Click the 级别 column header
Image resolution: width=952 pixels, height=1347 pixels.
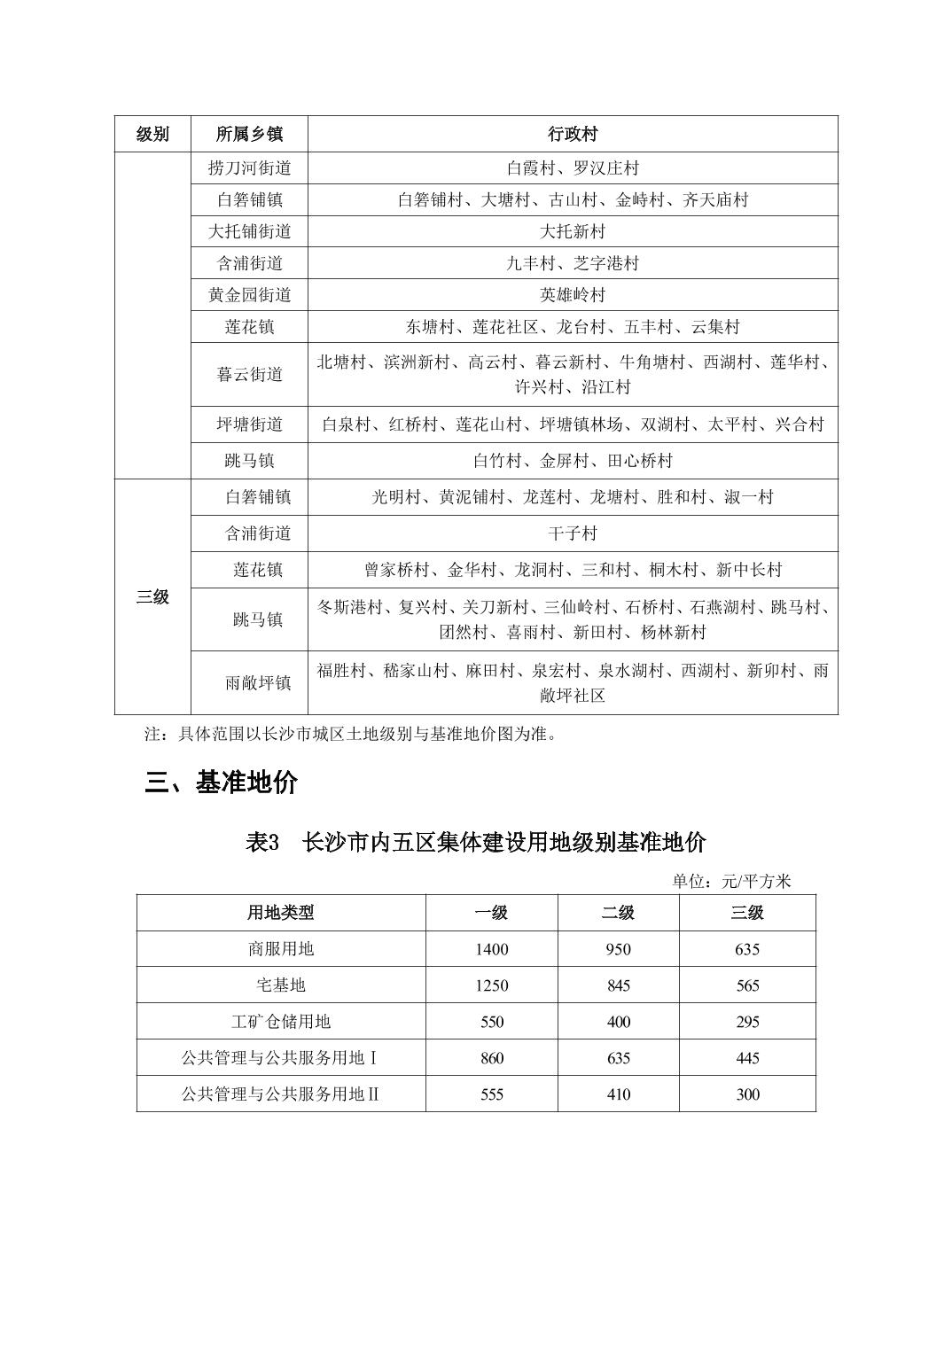152,134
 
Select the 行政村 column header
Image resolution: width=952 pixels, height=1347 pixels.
573,134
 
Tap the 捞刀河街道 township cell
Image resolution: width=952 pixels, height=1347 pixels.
249,168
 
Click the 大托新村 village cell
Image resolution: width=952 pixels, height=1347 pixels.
573,232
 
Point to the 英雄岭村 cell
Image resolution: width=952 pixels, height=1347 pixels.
573,295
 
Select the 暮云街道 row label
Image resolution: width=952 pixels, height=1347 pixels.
249,375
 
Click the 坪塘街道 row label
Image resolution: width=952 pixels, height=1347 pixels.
249,424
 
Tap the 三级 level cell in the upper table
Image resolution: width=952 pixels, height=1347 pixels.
152,597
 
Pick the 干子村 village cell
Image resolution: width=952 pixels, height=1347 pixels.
573,533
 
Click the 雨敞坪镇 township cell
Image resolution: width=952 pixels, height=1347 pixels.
257,683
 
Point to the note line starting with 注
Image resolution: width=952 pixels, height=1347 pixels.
351,734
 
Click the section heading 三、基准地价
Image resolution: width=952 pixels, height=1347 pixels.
222,783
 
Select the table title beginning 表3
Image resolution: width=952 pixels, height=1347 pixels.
475,842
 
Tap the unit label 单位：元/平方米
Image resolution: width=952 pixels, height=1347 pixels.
731,881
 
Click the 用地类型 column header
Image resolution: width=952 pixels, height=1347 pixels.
281,913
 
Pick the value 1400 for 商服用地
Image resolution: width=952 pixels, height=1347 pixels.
491,949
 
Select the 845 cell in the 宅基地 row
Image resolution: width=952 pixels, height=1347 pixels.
618,985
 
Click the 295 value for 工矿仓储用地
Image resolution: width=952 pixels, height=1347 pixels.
747,1022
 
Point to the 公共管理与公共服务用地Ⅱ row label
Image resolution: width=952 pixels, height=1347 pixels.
281,1094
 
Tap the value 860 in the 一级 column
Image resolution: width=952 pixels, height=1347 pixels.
491,1058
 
